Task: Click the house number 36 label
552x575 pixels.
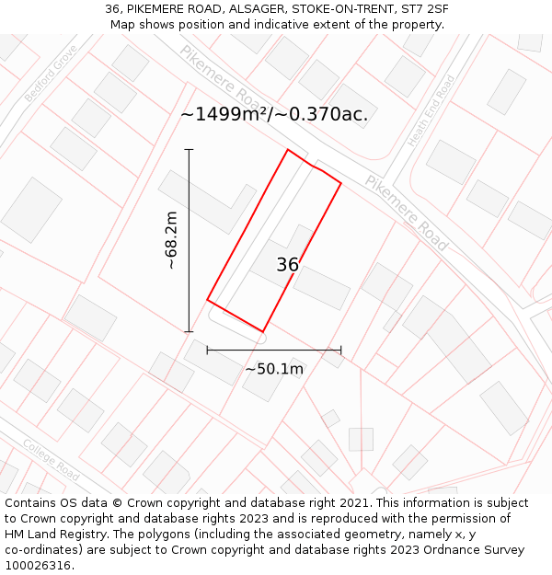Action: (288, 265)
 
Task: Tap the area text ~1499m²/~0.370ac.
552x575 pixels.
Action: (274, 114)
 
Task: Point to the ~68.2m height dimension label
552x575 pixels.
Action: (171, 240)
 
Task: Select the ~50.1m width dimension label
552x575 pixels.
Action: (274, 369)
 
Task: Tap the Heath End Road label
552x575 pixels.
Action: (431, 110)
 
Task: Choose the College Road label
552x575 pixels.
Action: (51, 457)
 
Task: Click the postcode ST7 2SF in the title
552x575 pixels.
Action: (425, 9)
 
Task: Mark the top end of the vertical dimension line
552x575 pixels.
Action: (189, 149)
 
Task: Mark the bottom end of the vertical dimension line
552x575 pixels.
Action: (189, 331)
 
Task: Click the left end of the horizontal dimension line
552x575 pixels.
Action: (207, 350)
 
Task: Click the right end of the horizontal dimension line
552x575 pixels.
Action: (341, 350)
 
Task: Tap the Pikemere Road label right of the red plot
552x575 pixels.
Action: (406, 213)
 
